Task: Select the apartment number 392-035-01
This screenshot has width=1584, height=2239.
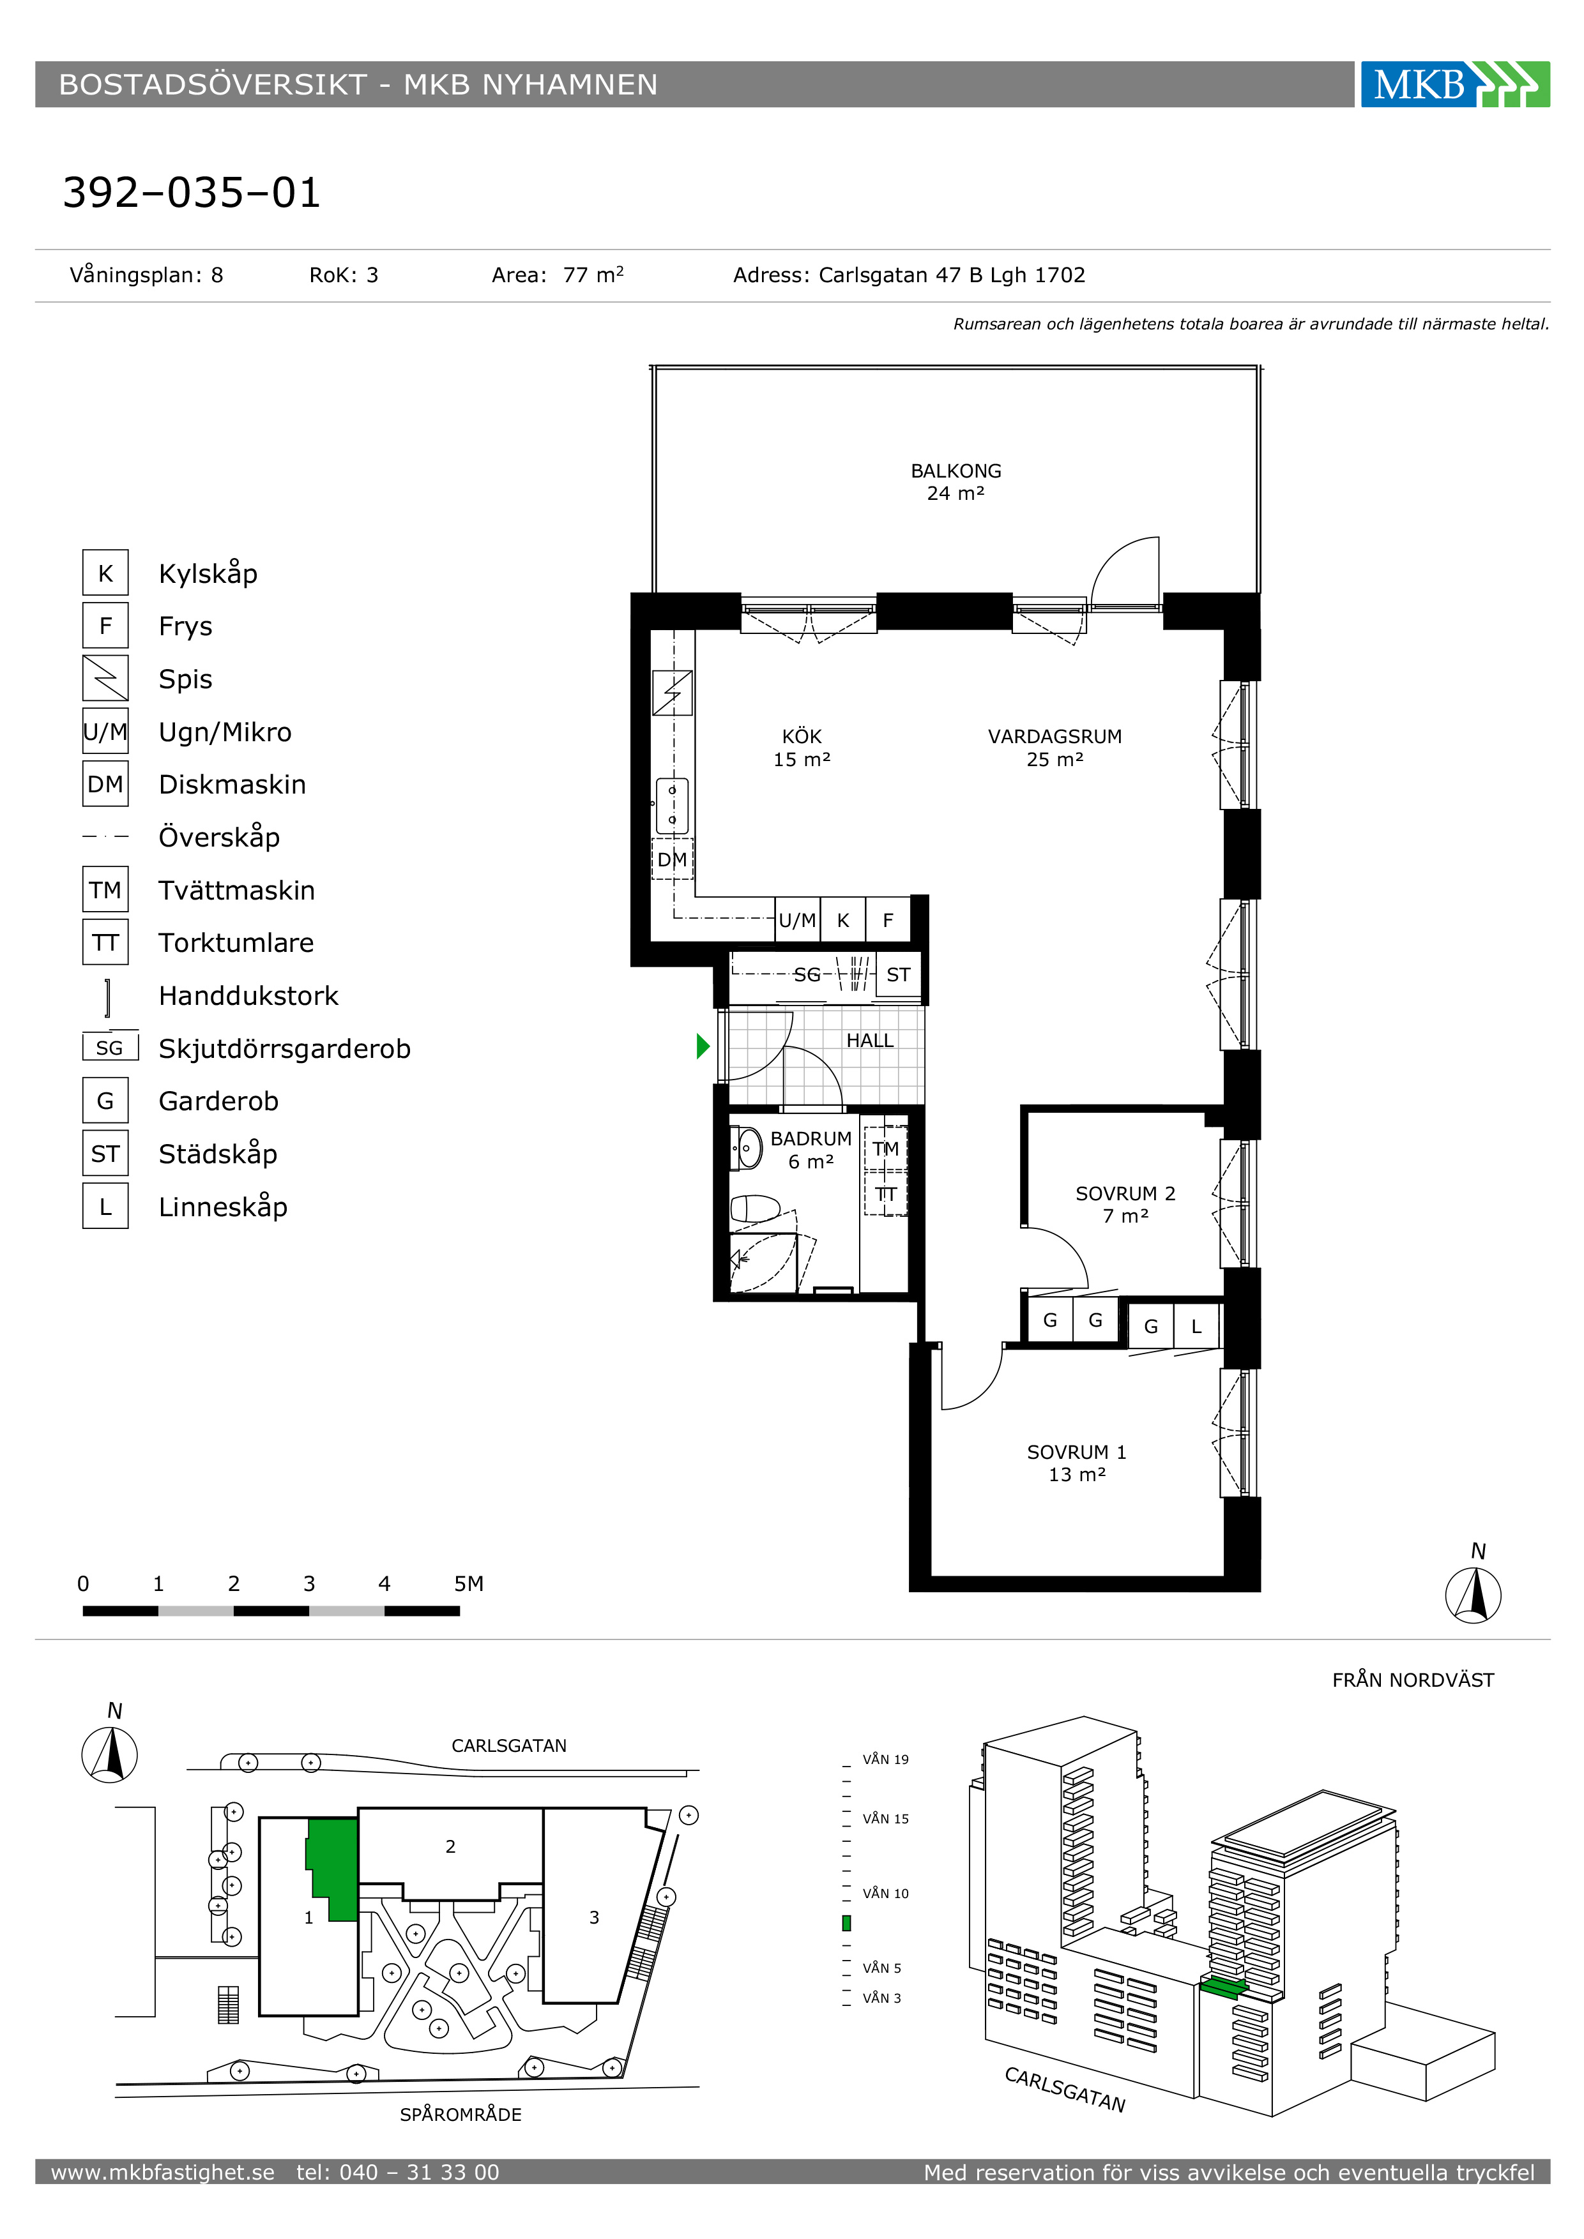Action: click(x=191, y=193)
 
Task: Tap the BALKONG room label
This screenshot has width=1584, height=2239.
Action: click(x=956, y=471)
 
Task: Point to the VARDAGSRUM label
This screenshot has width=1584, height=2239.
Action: click(x=1055, y=736)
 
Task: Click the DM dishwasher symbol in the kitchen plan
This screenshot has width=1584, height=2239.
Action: click(x=672, y=859)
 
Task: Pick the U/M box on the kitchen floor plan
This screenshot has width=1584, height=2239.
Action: click(x=797, y=919)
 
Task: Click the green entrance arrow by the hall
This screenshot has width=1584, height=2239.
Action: click(x=703, y=1046)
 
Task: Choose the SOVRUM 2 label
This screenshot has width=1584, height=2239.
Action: click(x=1125, y=1194)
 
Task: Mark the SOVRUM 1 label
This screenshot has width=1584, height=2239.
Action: click(x=1077, y=1452)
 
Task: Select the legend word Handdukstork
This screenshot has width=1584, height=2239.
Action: click(x=248, y=996)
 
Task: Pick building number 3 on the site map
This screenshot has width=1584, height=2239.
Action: click(x=594, y=1917)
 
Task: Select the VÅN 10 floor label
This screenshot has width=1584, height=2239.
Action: click(x=886, y=1893)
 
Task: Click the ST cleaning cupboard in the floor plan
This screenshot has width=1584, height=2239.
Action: click(x=898, y=974)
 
